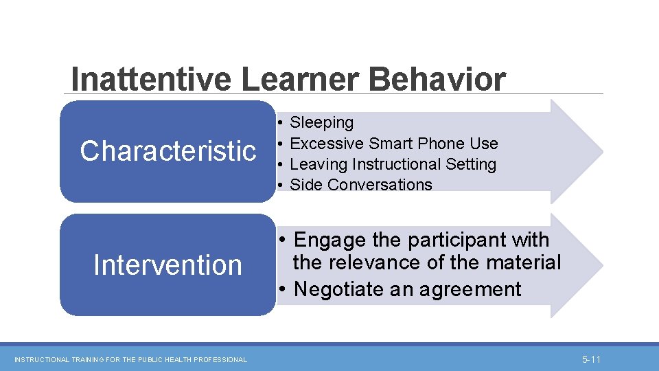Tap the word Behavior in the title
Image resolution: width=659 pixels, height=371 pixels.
coord(437,79)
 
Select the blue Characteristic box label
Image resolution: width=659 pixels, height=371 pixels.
coord(167,151)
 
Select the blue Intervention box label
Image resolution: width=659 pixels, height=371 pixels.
coord(167,265)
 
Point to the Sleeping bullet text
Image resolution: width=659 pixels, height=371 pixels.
coord(321,123)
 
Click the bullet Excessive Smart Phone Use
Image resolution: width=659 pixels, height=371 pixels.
coord(393,144)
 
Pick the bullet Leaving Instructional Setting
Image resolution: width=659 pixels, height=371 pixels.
coord(393,164)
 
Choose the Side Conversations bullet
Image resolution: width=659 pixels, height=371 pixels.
coord(361,185)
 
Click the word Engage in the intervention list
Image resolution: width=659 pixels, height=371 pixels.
coord(330,240)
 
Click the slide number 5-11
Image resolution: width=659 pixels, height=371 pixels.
coord(591,359)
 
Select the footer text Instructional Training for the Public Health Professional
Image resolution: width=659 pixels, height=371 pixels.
coord(130,359)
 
